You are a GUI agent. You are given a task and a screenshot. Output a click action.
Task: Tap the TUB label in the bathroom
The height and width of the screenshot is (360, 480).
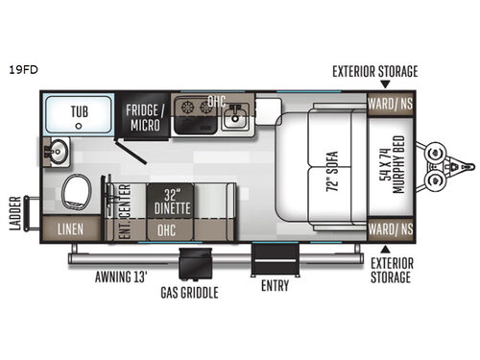(x=78, y=112)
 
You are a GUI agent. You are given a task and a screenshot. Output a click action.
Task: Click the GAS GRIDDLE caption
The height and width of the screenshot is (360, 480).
(x=188, y=291)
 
